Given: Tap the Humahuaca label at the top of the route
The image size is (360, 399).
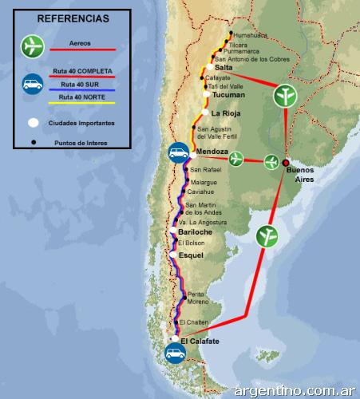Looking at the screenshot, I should pyautogui.click(x=251, y=34).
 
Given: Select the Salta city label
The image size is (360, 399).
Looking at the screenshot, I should pyautogui.click(x=224, y=68).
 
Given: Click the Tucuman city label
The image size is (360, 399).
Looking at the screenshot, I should pyautogui.click(x=230, y=94).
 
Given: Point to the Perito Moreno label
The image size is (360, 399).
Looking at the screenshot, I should pyautogui.click(x=197, y=298).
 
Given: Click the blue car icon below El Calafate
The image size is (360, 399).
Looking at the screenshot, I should pyautogui.click(x=175, y=354).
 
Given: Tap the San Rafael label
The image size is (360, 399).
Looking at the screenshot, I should pyautogui.click(x=205, y=170).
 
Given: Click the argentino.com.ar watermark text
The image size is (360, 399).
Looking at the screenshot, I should pyautogui.click(x=295, y=390).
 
